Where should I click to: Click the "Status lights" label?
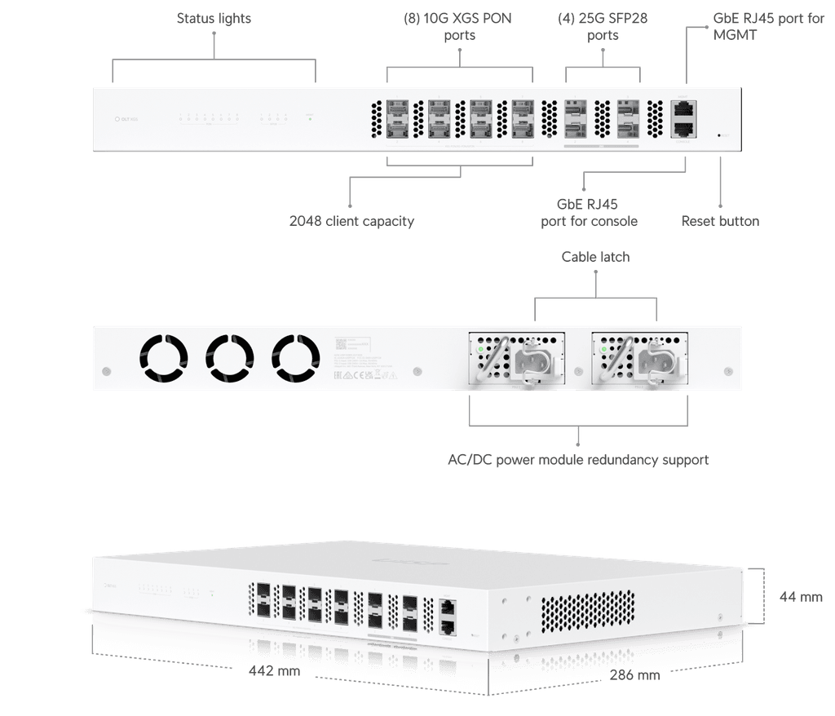click(214, 18)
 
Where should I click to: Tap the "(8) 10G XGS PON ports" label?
click(459, 27)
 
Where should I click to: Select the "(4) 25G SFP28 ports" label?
click(603, 27)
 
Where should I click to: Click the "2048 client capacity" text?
click(351, 221)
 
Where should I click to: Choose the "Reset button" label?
click(720, 221)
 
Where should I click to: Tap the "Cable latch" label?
click(595, 257)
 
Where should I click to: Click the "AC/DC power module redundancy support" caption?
click(578, 460)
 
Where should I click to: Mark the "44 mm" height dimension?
click(800, 597)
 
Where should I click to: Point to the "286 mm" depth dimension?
click(635, 675)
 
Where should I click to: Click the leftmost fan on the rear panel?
click(163, 358)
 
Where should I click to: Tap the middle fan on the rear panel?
click(230, 358)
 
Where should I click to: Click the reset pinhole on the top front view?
click(718, 135)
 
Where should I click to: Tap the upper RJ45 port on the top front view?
click(683, 108)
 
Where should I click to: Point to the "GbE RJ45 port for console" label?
click(589, 214)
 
